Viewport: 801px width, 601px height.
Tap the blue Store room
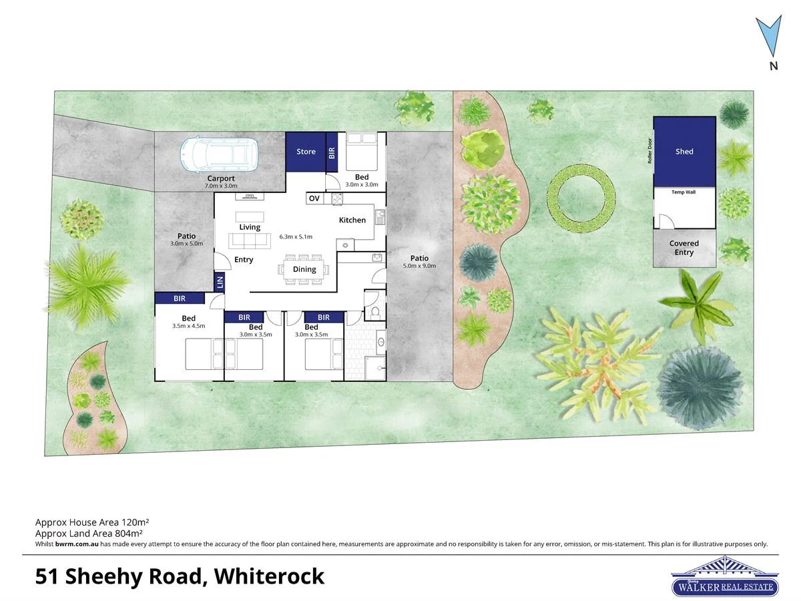[x=306, y=152]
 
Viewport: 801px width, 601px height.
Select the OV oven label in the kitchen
[x=314, y=198]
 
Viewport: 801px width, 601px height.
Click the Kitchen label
[x=352, y=220]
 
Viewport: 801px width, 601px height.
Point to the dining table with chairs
[x=304, y=270]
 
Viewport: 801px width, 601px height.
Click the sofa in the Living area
[x=250, y=241]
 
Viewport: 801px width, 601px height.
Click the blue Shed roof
[x=684, y=152]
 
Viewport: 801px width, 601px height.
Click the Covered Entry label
[x=684, y=248]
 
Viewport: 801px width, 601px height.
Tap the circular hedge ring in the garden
[x=581, y=199]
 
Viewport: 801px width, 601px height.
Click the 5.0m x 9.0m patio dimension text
[x=419, y=266]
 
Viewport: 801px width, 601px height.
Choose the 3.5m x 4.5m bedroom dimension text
[x=188, y=326]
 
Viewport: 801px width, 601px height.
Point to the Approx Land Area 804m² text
[x=89, y=533]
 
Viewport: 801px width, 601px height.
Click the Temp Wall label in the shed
[x=684, y=192]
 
